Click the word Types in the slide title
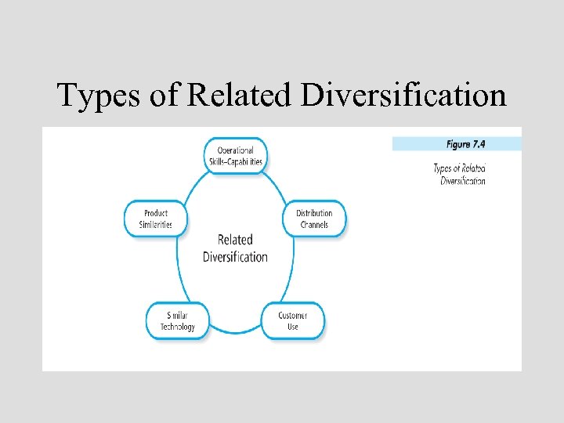[x=99, y=96]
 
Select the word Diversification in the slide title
[x=404, y=96]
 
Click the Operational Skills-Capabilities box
[x=235, y=156]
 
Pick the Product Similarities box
[x=156, y=219]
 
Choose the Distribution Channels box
[x=313, y=219]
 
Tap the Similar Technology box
[x=177, y=321]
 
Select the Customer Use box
[x=292, y=321]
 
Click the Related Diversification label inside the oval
[x=235, y=248]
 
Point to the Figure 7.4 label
[x=469, y=144]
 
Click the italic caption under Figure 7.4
[x=460, y=174]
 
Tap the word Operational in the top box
[x=235, y=150]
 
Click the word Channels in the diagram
[x=314, y=225]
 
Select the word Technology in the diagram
[x=177, y=327]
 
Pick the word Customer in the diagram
[x=292, y=316]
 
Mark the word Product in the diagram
[x=156, y=213]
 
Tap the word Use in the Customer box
[x=292, y=327]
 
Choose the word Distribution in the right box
[x=314, y=213]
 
